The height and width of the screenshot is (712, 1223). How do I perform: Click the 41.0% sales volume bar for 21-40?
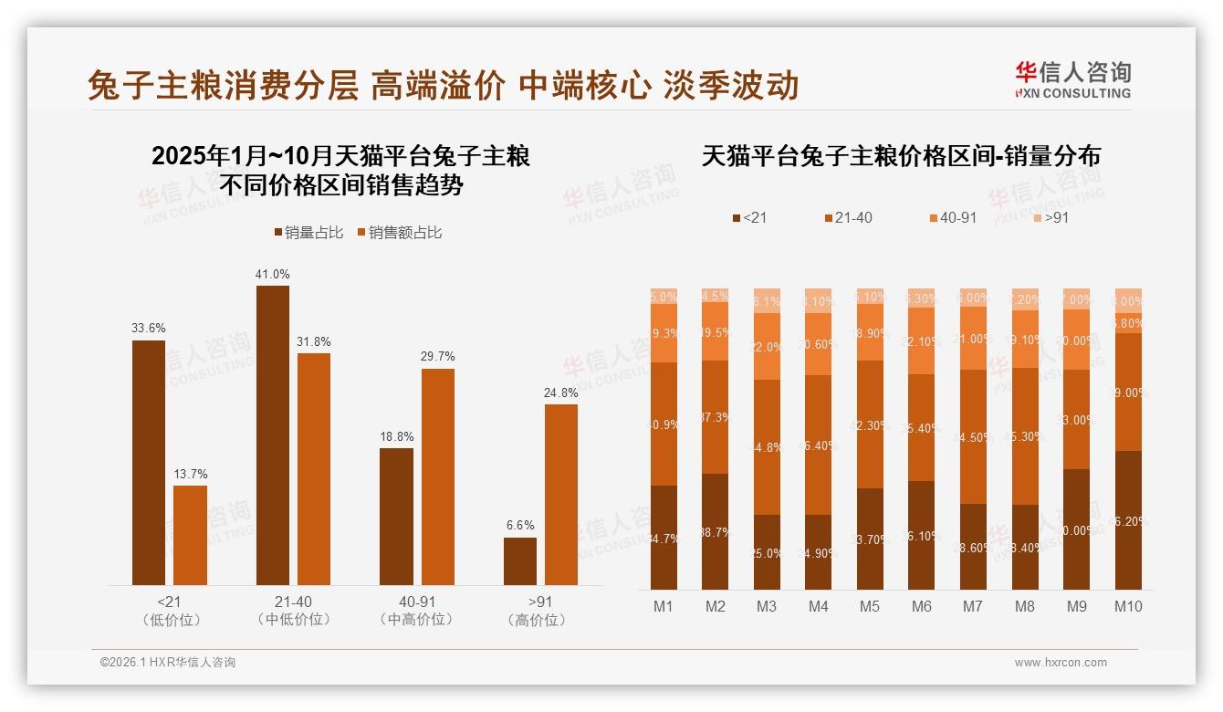click(273, 435)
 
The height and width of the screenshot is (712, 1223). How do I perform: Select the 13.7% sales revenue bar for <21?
click(190, 535)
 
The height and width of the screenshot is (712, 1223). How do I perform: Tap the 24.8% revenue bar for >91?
click(561, 495)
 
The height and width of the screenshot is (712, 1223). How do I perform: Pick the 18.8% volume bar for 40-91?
click(396, 516)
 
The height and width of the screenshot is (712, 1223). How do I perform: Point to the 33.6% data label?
click(149, 329)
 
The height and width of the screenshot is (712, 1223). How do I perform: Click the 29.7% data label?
click(437, 357)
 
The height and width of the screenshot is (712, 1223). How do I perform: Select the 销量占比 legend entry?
click(308, 233)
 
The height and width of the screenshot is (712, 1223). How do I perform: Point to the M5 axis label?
click(871, 606)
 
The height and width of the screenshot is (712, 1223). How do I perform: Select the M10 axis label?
click(1128, 606)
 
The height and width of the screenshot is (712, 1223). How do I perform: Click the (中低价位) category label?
click(293, 620)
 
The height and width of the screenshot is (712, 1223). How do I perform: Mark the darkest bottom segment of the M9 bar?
click(1077, 529)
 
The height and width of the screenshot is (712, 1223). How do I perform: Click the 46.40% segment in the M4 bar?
click(819, 445)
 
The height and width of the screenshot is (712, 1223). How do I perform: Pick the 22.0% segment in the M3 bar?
click(768, 347)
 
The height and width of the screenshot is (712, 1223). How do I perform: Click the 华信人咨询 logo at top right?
click(1072, 79)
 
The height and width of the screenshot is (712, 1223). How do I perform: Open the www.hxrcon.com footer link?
click(1061, 663)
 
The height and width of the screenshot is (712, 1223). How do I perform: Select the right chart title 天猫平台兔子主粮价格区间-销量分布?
click(901, 156)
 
